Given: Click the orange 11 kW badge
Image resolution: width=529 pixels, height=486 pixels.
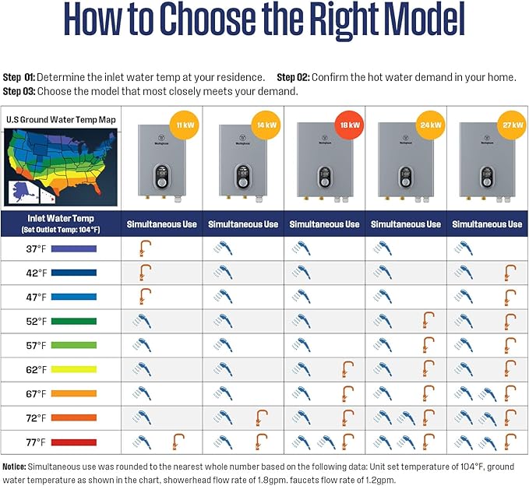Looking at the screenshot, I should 185,125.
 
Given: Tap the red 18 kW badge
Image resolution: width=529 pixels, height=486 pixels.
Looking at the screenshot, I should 348,125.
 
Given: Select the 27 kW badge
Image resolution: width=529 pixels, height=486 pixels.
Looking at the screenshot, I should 511,125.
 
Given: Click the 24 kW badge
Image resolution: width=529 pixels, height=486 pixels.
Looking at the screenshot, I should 430,125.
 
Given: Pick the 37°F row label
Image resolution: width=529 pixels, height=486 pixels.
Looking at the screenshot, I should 36,249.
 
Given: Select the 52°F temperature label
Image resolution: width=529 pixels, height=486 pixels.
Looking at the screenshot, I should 36,322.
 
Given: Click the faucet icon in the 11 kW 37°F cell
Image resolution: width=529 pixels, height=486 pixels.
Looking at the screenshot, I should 144,249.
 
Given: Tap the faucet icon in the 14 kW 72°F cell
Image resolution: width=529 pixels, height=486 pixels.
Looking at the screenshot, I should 261,418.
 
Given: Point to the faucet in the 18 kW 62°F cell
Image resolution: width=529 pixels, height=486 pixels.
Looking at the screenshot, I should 347,370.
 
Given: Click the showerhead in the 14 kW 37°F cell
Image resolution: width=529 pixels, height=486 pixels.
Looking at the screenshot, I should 224,249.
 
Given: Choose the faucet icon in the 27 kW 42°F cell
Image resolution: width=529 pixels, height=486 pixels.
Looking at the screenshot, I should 510,273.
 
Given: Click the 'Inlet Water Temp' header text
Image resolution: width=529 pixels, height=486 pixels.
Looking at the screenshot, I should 61,219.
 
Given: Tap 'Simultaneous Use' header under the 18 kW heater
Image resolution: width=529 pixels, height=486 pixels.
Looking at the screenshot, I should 324,224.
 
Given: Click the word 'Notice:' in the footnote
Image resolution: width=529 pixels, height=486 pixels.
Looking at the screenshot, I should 18,466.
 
